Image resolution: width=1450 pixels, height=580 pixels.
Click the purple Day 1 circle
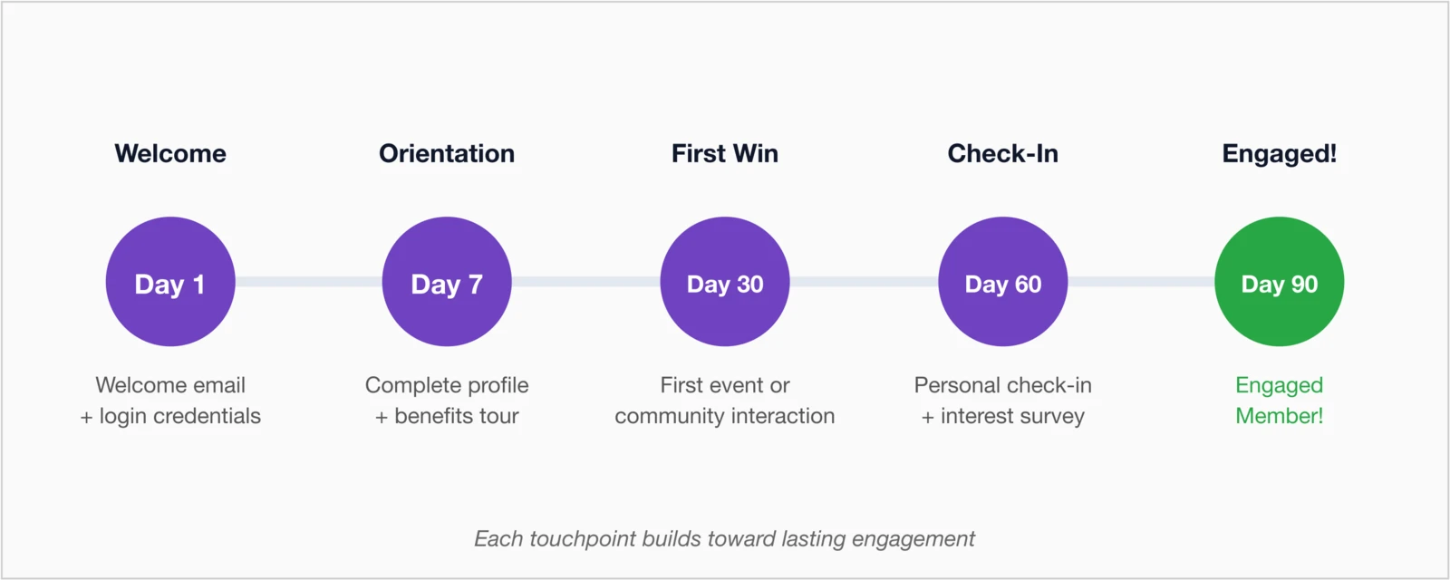tap(170, 282)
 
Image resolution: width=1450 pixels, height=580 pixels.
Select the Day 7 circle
tap(447, 282)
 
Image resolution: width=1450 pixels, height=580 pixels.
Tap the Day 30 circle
tap(725, 282)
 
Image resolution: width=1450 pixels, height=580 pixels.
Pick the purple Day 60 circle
tap(1002, 282)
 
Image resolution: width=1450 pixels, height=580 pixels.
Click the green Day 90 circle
tap(1279, 282)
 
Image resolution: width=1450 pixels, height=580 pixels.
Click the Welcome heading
tap(170, 154)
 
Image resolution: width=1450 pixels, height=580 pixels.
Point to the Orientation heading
tap(447, 154)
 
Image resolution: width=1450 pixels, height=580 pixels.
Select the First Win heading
tap(725, 154)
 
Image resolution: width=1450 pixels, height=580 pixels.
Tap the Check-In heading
tap(1002, 154)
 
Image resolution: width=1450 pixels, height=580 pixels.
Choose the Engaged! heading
tap(1279, 154)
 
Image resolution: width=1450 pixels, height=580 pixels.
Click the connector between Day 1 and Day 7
tap(308, 282)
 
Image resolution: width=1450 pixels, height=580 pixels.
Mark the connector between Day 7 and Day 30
tap(585, 282)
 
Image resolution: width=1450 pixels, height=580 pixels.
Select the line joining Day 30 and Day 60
tap(864, 282)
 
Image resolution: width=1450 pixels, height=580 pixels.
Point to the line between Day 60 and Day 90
tap(1141, 282)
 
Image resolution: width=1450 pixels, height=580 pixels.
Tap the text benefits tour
tap(457, 416)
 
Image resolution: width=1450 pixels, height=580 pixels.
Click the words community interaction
tap(725, 416)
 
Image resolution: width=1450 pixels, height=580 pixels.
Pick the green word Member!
tap(1279, 416)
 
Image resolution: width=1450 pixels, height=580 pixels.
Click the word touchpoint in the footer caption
tap(583, 539)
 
